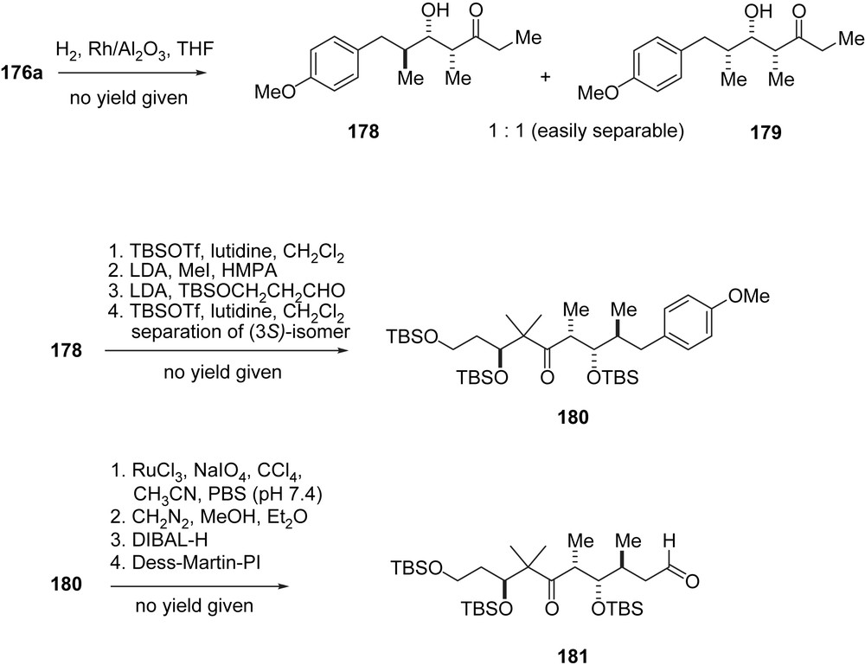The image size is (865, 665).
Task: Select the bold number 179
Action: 768,135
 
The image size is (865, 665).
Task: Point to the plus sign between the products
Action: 546,78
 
